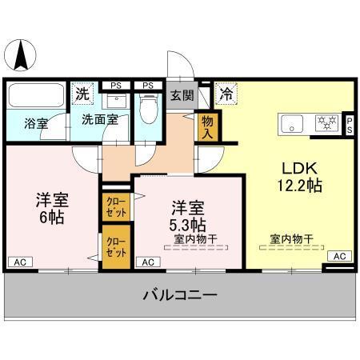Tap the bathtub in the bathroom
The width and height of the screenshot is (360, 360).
click(36, 98)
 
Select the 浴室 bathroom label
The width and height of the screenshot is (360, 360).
click(35, 124)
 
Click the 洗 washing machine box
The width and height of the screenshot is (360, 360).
click(82, 94)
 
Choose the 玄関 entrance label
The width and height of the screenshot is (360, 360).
click(182, 95)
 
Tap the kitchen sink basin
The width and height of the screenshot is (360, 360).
click(292, 124)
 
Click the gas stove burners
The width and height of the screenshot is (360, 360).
click(326, 124)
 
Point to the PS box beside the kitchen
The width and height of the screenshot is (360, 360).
click(349, 123)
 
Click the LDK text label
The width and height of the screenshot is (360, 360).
click(300, 169)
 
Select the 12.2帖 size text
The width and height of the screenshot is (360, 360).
click(300, 186)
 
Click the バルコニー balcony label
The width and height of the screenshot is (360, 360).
click(180, 295)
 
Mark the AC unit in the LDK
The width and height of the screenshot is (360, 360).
click(338, 256)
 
